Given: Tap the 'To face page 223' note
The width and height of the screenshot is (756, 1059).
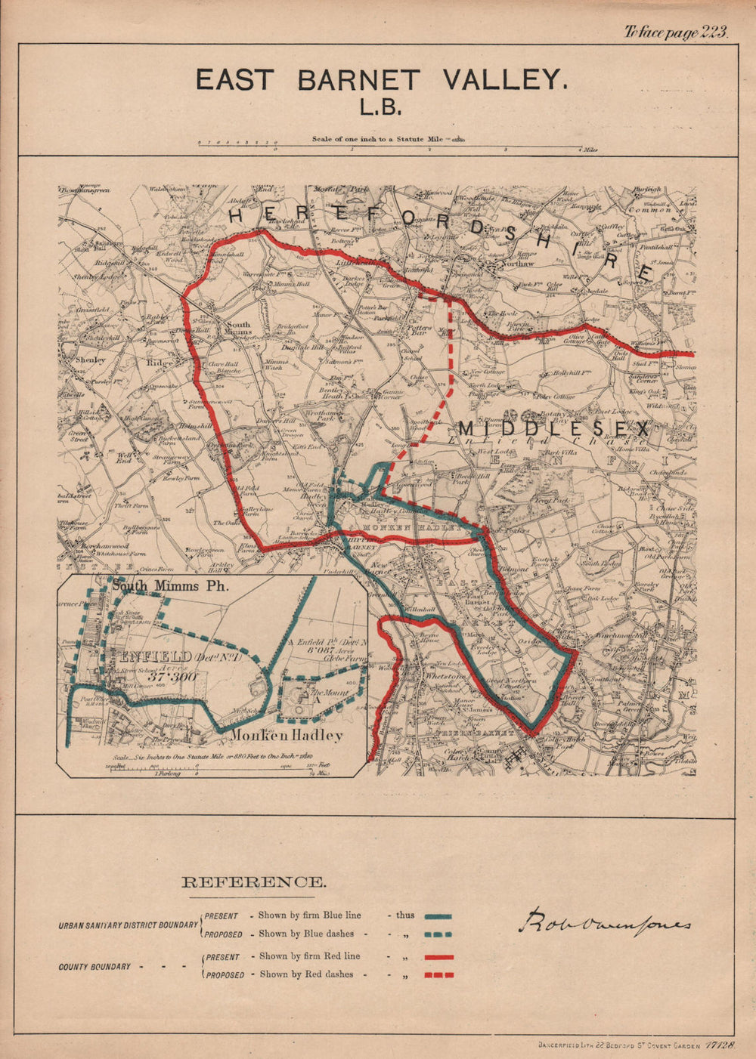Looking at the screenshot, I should tap(675, 32).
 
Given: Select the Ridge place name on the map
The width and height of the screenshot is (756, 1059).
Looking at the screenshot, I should tap(160, 363).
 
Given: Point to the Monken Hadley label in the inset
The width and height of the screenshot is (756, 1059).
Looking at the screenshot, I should tap(287, 735).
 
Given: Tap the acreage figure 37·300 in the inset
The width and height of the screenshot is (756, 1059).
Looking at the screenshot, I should tap(172, 677).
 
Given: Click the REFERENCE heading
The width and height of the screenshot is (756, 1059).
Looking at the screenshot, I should tap(255, 881).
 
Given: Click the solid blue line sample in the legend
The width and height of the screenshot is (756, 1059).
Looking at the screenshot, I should tap(438, 915).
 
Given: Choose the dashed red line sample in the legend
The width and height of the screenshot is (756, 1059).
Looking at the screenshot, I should tap(438, 975).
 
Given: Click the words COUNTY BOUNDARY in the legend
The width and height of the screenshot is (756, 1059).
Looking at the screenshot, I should tap(94, 966).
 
